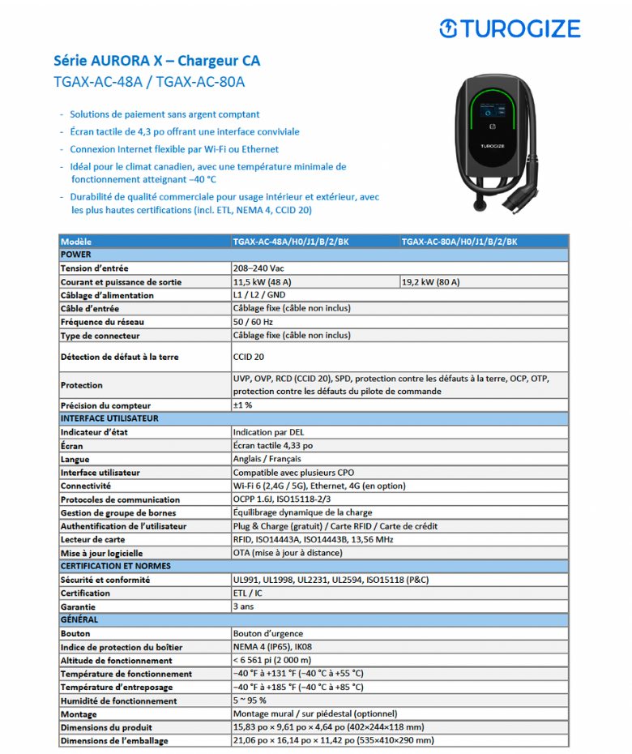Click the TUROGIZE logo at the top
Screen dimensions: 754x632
pyautogui.click(x=510, y=29)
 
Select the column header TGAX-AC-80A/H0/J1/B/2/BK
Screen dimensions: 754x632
pyautogui.click(x=459, y=242)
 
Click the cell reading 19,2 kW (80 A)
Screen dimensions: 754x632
pyautogui.click(x=431, y=282)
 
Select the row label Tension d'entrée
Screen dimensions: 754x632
pyautogui.click(x=95, y=268)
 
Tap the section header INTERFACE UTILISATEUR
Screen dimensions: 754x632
pyautogui.click(x=109, y=418)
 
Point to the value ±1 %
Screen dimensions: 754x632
pyautogui.click(x=242, y=405)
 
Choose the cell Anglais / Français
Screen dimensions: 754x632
pyautogui.click(x=267, y=459)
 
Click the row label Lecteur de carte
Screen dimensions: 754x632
pyautogui.click(x=92, y=539)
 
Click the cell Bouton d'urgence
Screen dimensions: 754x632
pyautogui.click(x=267, y=633)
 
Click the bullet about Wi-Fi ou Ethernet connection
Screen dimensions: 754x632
pyautogui.click(x=174, y=149)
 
